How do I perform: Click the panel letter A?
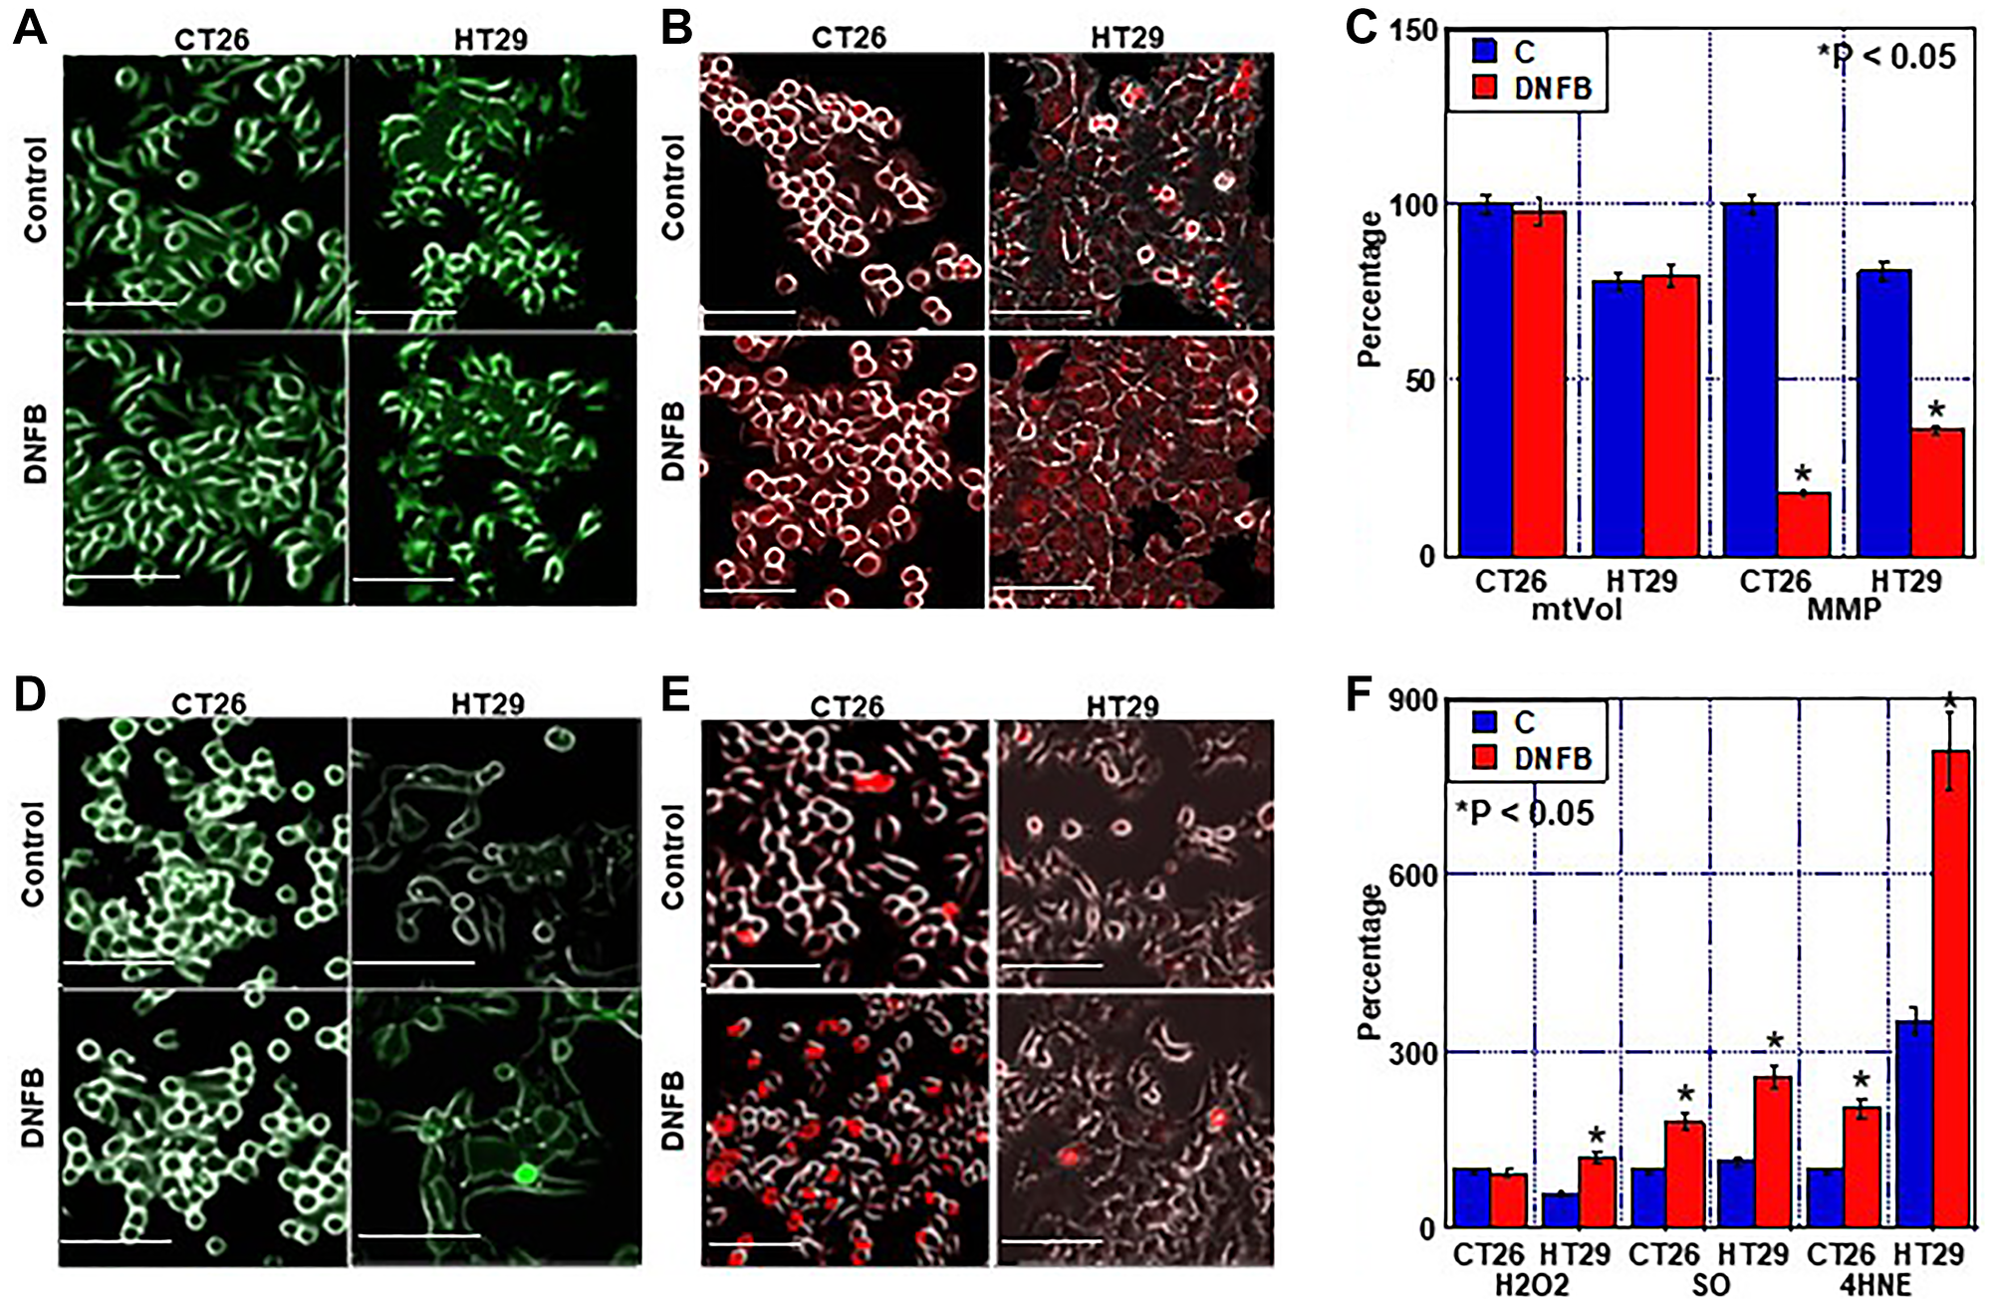[x=30, y=28]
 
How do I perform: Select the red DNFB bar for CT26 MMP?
[x=1803, y=524]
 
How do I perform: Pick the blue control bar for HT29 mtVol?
[x=1618, y=418]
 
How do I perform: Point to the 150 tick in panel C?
[x=1413, y=30]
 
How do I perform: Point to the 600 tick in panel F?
[x=1413, y=875]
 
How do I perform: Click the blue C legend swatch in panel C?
[x=1484, y=50]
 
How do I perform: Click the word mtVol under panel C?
[x=1577, y=609]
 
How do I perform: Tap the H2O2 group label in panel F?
[x=1532, y=1285]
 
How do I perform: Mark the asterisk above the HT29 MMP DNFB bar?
[x=1935, y=410]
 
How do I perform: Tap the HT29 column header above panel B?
[x=1126, y=38]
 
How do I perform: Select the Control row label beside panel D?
[x=33, y=854]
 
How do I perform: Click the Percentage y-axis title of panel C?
[x=1370, y=289]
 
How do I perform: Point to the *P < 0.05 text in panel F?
[x=1524, y=813]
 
